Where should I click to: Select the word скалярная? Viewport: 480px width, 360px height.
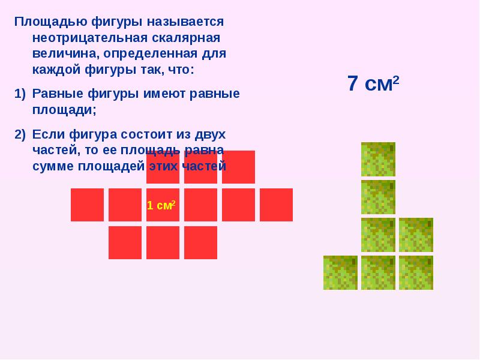(x=186, y=38)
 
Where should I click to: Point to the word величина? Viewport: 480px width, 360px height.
(x=66, y=54)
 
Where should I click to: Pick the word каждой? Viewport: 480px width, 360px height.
(x=56, y=70)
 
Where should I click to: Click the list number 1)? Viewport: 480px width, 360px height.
(x=20, y=94)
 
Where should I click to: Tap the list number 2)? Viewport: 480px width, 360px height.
(x=20, y=134)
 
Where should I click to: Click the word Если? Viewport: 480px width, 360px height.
(x=49, y=134)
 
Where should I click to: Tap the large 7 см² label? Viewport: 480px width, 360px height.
(x=373, y=83)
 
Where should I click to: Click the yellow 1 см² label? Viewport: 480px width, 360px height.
(x=161, y=205)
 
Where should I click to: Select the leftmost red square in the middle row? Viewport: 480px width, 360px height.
(x=87, y=205)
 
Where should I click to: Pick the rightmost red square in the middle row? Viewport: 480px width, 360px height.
(x=276, y=205)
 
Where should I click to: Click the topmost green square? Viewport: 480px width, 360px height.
(x=378, y=159)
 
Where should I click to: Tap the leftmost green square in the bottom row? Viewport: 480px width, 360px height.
(x=340, y=273)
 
